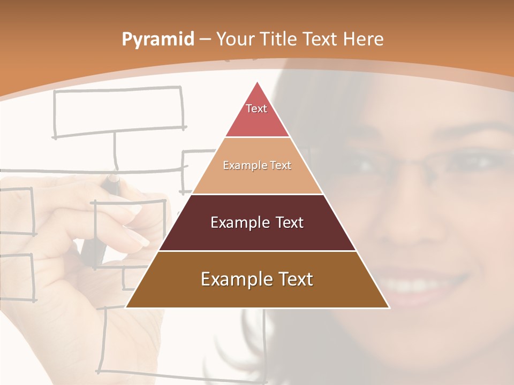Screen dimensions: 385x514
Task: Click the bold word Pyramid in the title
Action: pyautogui.click(x=158, y=40)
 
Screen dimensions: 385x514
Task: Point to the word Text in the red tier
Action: pyautogui.click(x=256, y=109)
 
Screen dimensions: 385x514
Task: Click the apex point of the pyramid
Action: pyautogui.click(x=258, y=82)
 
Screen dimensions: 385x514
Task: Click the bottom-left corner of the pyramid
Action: pyautogui.click(x=126, y=307)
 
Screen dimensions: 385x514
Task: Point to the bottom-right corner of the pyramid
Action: pyautogui.click(x=389, y=307)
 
